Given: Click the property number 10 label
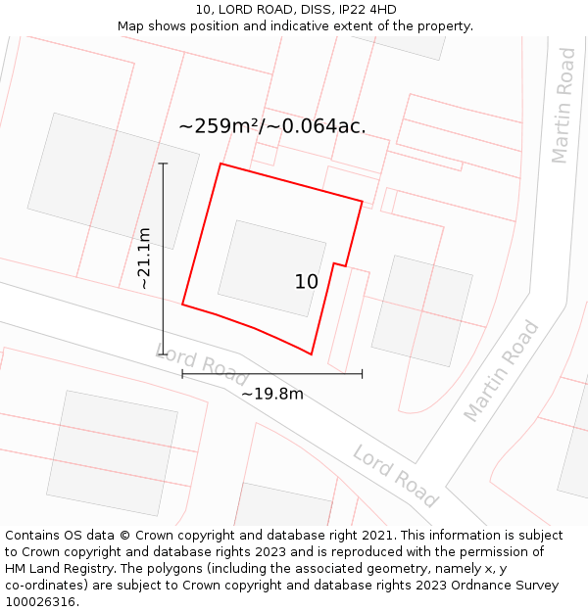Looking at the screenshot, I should pyautogui.click(x=307, y=282).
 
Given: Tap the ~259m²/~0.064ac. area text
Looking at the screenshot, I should pyautogui.click(x=272, y=126).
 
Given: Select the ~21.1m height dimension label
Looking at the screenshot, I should pyautogui.click(x=144, y=258).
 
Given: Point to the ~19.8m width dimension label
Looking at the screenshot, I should pyautogui.click(x=272, y=394).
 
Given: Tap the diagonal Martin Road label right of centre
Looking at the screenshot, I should pyautogui.click(x=502, y=371).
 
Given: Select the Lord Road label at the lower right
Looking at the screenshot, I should pyautogui.click(x=395, y=476).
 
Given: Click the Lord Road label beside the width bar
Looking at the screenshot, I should pyautogui.click(x=203, y=365).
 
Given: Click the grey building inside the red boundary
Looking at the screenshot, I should pyautogui.click(x=271, y=268).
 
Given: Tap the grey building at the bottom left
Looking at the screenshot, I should pyautogui.click(x=113, y=452).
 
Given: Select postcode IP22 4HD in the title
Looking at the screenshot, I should pyautogui.click(x=363, y=10).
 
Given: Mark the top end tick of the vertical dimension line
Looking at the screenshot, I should pyautogui.click(x=163, y=164).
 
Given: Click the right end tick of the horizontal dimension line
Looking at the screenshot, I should pyautogui.click(x=363, y=373).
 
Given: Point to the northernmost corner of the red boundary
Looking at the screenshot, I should pyautogui.click(x=220, y=164).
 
